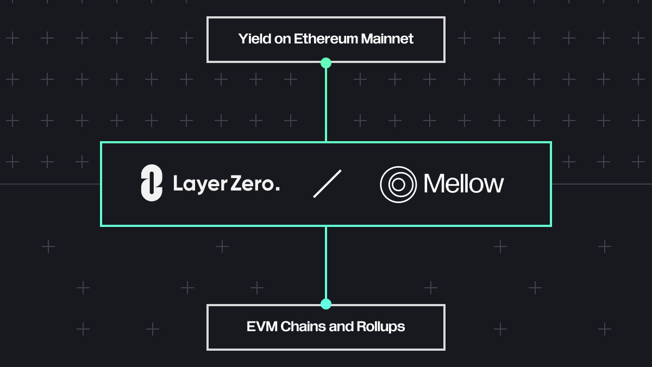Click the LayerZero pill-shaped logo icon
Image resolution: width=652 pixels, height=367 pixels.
tap(152, 183)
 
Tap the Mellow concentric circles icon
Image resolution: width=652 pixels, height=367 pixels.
tap(398, 185)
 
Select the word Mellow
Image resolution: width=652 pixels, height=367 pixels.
tap(463, 184)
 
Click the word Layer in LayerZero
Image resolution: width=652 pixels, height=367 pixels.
tap(199, 185)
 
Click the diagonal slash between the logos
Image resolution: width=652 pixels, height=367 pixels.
tap(327, 184)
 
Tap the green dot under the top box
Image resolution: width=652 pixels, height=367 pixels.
tap(326, 63)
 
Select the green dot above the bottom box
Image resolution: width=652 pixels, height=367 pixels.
tap(326, 304)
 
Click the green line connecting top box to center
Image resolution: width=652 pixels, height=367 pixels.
tap(326, 103)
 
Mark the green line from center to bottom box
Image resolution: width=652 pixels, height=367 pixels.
tap(326, 263)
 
